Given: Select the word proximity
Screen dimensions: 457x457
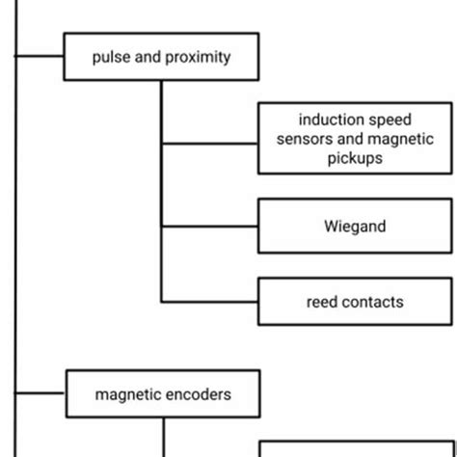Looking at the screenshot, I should coord(198,57).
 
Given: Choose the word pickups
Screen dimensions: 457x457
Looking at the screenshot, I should coord(355,158).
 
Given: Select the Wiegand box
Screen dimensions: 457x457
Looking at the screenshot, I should coord(355,228).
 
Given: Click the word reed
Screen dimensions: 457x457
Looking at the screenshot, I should coord(321,302).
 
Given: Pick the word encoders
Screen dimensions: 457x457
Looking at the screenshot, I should coord(197,394).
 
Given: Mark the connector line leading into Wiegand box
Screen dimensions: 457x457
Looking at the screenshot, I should coord(209,228).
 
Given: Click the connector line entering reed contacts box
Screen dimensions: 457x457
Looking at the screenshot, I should coord(209,302).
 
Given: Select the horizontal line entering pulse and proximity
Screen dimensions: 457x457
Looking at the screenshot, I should coord(40,57).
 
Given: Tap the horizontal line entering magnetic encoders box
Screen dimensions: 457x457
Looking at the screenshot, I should coord(40,394).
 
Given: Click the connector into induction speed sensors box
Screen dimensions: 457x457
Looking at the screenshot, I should coord(209,144).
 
